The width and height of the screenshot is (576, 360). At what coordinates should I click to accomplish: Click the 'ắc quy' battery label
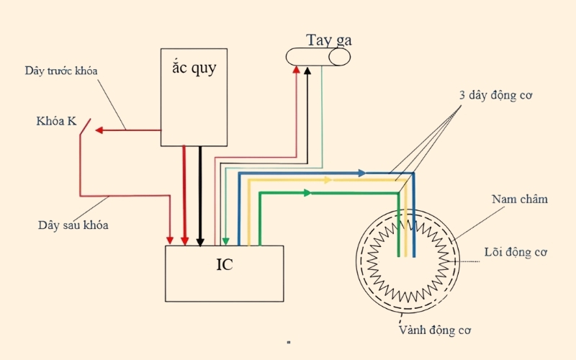pos(194,68)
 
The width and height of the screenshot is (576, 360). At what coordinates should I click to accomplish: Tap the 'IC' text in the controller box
pos(225,264)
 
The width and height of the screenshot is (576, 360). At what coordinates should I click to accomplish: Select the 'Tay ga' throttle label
pos(329,40)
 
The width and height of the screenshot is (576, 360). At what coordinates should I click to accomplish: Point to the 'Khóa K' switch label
pos(56,121)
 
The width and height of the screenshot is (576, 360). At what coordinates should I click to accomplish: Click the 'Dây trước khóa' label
pos(61,71)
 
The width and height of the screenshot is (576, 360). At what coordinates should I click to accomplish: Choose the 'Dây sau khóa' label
pos(73,225)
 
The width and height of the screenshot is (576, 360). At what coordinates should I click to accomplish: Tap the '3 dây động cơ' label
pos(495,95)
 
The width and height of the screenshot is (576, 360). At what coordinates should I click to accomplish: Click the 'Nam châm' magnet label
pos(519,199)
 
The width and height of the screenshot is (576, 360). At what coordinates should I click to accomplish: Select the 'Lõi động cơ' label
pos(516,252)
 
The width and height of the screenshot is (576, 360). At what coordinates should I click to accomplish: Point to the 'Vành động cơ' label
pos(435,330)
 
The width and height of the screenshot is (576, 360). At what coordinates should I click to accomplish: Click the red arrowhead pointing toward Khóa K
pos(99,130)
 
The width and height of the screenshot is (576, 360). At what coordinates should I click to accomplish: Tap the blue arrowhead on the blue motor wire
pos(362,173)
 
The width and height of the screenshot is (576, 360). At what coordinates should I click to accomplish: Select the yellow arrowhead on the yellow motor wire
pos(328,180)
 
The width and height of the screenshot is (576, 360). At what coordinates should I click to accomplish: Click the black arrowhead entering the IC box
pos(200,242)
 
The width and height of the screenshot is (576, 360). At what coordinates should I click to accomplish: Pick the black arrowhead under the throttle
pos(307,70)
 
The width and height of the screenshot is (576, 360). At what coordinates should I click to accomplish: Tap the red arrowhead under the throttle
pos(296,70)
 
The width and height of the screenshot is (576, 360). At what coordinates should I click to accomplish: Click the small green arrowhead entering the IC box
pos(225,241)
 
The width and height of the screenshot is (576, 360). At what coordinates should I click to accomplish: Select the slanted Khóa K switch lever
pos(85,127)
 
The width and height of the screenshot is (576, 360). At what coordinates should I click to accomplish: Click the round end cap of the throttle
pos(339,57)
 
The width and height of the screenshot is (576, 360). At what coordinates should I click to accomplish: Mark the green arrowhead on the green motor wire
pos(307,193)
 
